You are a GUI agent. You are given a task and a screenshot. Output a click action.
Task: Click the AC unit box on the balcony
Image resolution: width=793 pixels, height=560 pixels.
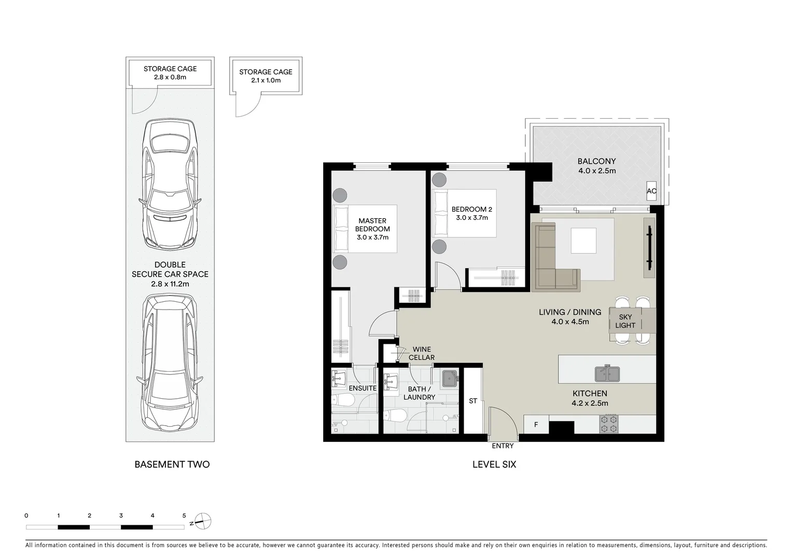coord(651,191)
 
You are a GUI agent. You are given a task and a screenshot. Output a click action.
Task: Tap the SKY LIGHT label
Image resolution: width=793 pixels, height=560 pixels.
coord(625,321)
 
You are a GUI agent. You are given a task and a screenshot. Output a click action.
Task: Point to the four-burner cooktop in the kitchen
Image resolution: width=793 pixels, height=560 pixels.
coord(609,424)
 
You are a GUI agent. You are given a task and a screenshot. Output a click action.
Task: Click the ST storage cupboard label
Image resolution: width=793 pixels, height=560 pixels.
coord(472,401)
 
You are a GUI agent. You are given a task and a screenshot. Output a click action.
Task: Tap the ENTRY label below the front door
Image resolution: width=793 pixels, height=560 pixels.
coord(503,446)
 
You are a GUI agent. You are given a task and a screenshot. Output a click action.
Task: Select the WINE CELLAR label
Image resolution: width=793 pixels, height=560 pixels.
coord(422,353)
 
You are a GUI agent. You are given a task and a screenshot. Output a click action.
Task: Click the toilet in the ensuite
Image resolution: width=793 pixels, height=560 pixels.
coord(342,400)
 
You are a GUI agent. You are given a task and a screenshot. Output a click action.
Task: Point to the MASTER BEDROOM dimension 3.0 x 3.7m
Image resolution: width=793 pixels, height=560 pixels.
coord(372,237)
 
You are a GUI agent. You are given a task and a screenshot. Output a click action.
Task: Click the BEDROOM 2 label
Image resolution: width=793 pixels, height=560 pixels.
coord(471,209)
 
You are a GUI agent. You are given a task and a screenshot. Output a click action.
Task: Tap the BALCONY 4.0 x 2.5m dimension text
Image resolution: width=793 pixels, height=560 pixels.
coord(596,171)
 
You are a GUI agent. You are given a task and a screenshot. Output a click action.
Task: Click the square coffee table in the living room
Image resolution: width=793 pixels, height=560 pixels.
coord(587,241)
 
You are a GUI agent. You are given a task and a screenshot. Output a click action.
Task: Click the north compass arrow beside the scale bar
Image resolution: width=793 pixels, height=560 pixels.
coord(202,521)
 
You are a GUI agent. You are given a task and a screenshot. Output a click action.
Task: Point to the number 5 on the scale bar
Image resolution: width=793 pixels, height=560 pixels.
coord(184,516)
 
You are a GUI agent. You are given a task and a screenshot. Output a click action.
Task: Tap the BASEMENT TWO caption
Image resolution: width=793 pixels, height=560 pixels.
coord(172,465)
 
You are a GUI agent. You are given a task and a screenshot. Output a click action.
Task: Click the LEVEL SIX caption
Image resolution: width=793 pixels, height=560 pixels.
coord(494,465)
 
